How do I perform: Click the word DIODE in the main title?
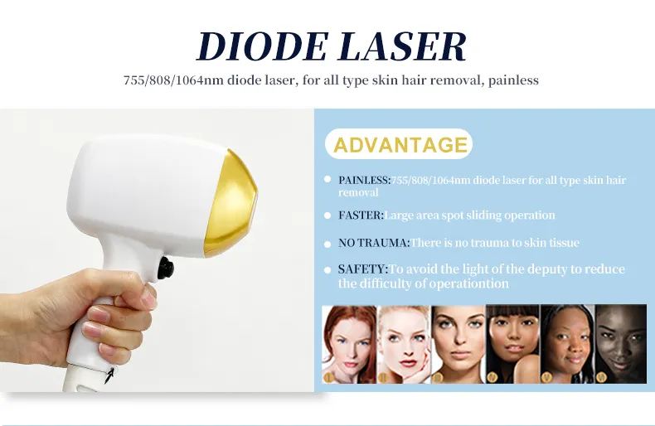[261, 46]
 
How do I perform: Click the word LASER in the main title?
[403, 46]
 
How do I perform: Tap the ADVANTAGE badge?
[399, 144]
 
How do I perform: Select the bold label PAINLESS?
[364, 180]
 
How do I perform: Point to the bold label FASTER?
[361, 215]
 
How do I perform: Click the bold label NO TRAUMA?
[374, 243]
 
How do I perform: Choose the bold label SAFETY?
[363, 269]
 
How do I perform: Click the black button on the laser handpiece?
[166, 268]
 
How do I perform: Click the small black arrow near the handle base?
[109, 375]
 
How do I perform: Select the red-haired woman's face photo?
[349, 345]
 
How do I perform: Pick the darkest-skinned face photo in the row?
[620, 345]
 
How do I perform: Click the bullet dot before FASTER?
[327, 215]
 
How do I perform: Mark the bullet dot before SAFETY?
[327, 270]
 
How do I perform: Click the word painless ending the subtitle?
[513, 80]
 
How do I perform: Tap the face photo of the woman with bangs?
[513, 345]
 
